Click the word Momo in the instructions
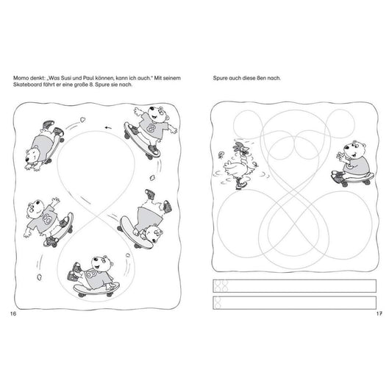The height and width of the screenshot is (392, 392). [x=21, y=78]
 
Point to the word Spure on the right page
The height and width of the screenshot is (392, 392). [x=220, y=78]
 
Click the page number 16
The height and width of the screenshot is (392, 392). [x=13, y=314]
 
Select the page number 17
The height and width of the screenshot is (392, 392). [x=379, y=313]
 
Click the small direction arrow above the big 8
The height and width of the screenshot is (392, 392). [x=108, y=128]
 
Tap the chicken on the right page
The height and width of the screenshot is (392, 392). [x=239, y=165]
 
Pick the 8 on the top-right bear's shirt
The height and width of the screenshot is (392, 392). [x=152, y=128]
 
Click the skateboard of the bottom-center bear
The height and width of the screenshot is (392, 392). [x=96, y=289]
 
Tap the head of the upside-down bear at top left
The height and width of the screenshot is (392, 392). [x=32, y=155]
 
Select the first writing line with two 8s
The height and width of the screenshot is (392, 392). [x=294, y=286]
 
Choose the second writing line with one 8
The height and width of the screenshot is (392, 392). [x=294, y=303]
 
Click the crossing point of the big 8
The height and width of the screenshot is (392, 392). [x=96, y=215]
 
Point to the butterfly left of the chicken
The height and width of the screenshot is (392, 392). [x=221, y=155]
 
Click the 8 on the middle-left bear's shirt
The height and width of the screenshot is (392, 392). [x=47, y=219]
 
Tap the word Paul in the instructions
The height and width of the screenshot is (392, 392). [x=88, y=78]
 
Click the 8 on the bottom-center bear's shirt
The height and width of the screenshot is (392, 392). [x=91, y=274]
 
